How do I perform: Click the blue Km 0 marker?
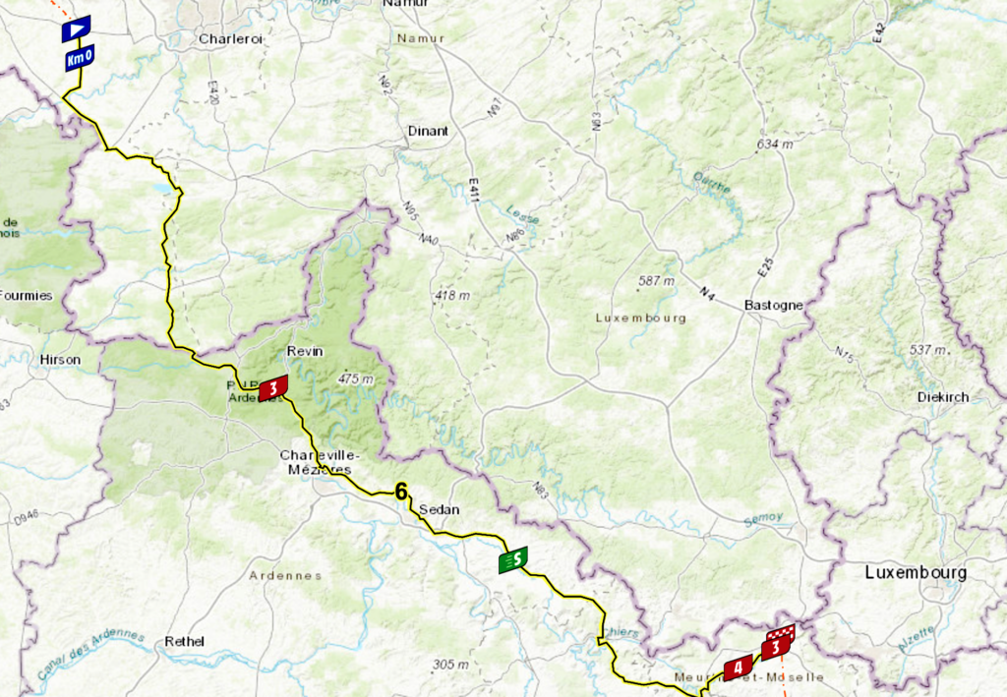click(x=79, y=59)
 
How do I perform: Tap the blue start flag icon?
click(x=76, y=29)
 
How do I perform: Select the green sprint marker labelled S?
click(x=512, y=560)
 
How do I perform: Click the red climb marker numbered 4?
click(x=738, y=668)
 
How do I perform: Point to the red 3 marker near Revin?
click(x=272, y=389)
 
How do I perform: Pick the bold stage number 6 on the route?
click(x=401, y=492)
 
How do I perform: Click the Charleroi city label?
click(x=231, y=40)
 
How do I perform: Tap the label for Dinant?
click(x=428, y=131)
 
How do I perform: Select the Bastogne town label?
click(x=773, y=305)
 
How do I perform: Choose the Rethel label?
click(x=185, y=641)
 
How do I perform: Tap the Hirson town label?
click(x=60, y=360)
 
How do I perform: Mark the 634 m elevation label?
click(x=774, y=145)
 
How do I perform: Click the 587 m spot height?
click(x=656, y=281)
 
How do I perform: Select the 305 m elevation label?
click(x=452, y=665)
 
